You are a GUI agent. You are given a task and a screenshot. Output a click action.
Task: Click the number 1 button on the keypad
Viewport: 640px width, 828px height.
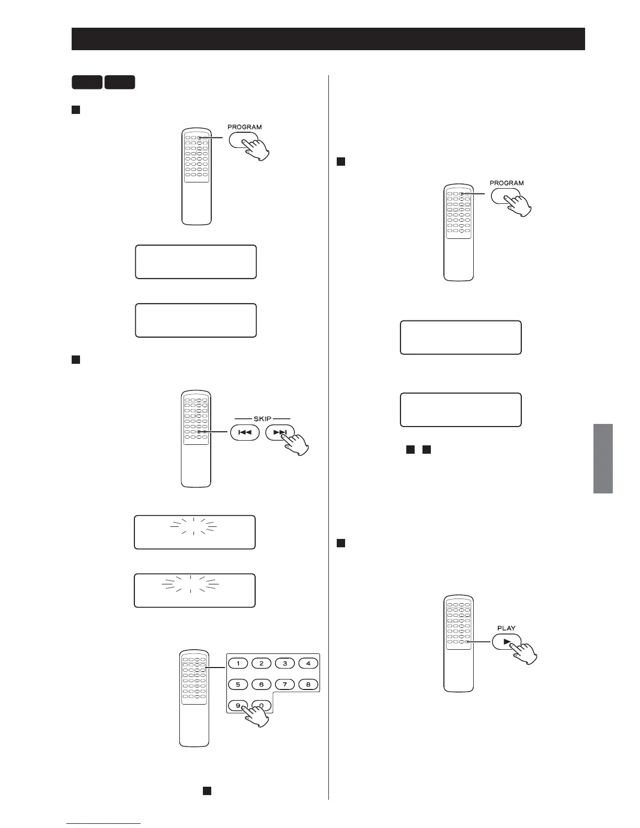click(x=238, y=663)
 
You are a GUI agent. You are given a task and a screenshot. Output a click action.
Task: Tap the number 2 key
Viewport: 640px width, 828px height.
click(x=261, y=663)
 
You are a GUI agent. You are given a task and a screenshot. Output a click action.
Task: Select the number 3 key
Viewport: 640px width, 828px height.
click(x=285, y=663)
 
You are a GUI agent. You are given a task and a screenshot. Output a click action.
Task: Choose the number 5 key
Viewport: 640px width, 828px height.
click(x=238, y=684)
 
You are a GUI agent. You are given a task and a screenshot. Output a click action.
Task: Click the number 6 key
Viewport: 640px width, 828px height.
click(x=261, y=684)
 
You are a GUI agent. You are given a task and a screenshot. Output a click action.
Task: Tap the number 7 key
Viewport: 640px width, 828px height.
click(x=285, y=684)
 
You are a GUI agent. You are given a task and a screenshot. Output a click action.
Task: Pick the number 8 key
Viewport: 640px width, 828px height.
click(x=308, y=684)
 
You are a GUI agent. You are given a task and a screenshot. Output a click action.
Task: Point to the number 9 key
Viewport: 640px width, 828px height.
click(x=238, y=705)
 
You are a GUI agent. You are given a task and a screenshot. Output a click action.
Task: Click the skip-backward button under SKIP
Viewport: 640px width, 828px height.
click(x=245, y=433)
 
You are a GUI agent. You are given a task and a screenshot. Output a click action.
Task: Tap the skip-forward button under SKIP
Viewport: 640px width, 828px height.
click(x=280, y=433)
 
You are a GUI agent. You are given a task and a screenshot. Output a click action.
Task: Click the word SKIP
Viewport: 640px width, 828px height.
click(x=262, y=419)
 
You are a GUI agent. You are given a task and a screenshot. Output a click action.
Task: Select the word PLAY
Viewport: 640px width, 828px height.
click(x=506, y=628)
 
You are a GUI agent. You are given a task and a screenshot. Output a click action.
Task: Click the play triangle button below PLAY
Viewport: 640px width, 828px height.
click(x=506, y=641)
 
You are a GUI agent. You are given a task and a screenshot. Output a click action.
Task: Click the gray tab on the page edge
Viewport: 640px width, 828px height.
click(x=603, y=458)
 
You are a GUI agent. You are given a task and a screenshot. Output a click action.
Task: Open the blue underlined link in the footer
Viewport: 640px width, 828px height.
click(x=104, y=823)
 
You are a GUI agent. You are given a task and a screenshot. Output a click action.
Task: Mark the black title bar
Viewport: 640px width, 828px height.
click(x=328, y=39)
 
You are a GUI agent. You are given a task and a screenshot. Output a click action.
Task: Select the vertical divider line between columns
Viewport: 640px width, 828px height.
click(x=328, y=444)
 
